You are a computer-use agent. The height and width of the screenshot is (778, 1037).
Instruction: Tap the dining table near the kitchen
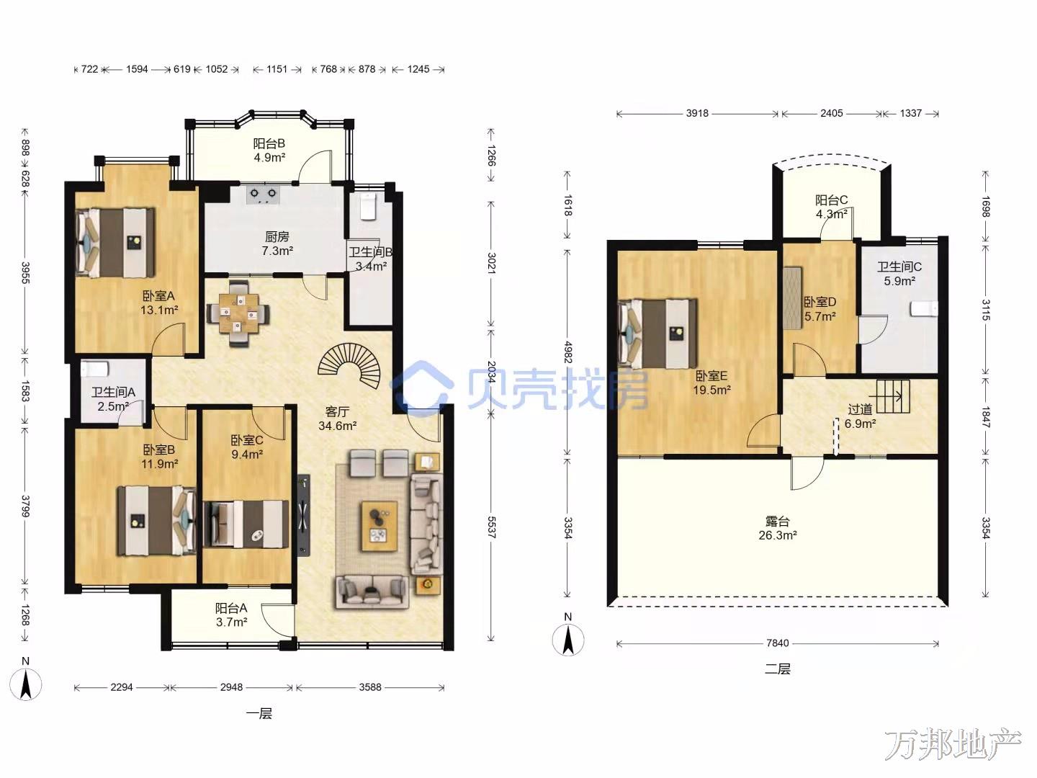pyautogui.click(x=238, y=313)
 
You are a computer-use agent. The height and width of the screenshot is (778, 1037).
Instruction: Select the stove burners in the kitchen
pyautogui.click(x=263, y=194)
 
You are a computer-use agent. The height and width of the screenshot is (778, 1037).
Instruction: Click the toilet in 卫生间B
pyautogui.click(x=367, y=207)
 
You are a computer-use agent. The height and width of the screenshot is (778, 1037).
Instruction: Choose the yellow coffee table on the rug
pyautogui.click(x=379, y=526)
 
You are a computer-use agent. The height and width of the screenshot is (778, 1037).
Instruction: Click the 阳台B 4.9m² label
pyautogui.click(x=269, y=151)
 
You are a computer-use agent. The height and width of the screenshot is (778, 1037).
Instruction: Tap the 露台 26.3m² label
pyautogui.click(x=778, y=528)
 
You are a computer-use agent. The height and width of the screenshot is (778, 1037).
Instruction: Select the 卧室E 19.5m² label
pyautogui.click(x=711, y=383)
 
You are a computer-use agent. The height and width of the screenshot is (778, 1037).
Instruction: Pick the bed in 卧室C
pyautogui.click(x=246, y=524)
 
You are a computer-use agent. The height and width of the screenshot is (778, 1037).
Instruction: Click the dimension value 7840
pyautogui.click(x=778, y=643)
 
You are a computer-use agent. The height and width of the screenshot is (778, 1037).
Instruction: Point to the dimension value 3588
pyautogui.click(x=370, y=687)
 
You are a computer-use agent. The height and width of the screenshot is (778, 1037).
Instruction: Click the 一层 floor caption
pyautogui.click(x=259, y=713)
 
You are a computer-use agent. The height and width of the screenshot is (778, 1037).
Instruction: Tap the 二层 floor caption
pyautogui.click(x=777, y=669)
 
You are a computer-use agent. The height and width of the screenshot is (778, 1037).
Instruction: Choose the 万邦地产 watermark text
pyautogui.click(x=953, y=745)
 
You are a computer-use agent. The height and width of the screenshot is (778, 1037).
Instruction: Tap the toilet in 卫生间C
pyautogui.click(x=924, y=309)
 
